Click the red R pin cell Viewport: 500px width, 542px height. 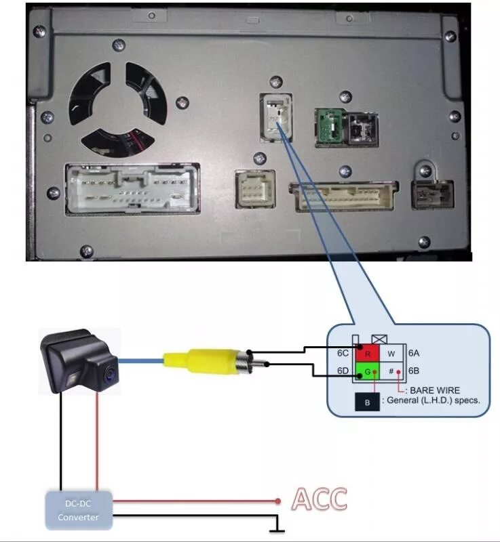pos(367,353)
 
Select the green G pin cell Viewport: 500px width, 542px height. pos(367,371)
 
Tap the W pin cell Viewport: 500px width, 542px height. pos(391,353)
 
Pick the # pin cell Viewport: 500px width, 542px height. pos(391,371)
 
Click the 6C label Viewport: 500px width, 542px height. pos(343,353)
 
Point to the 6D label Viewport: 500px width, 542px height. pos(343,371)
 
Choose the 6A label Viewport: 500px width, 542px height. pos(414,353)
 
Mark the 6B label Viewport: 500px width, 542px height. pos(414,371)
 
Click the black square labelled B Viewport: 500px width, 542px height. pos(367,401)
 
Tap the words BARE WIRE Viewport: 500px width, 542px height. pos(434,390)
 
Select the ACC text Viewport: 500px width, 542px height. pos(319,499)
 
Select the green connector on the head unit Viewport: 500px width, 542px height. pos(328,125)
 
